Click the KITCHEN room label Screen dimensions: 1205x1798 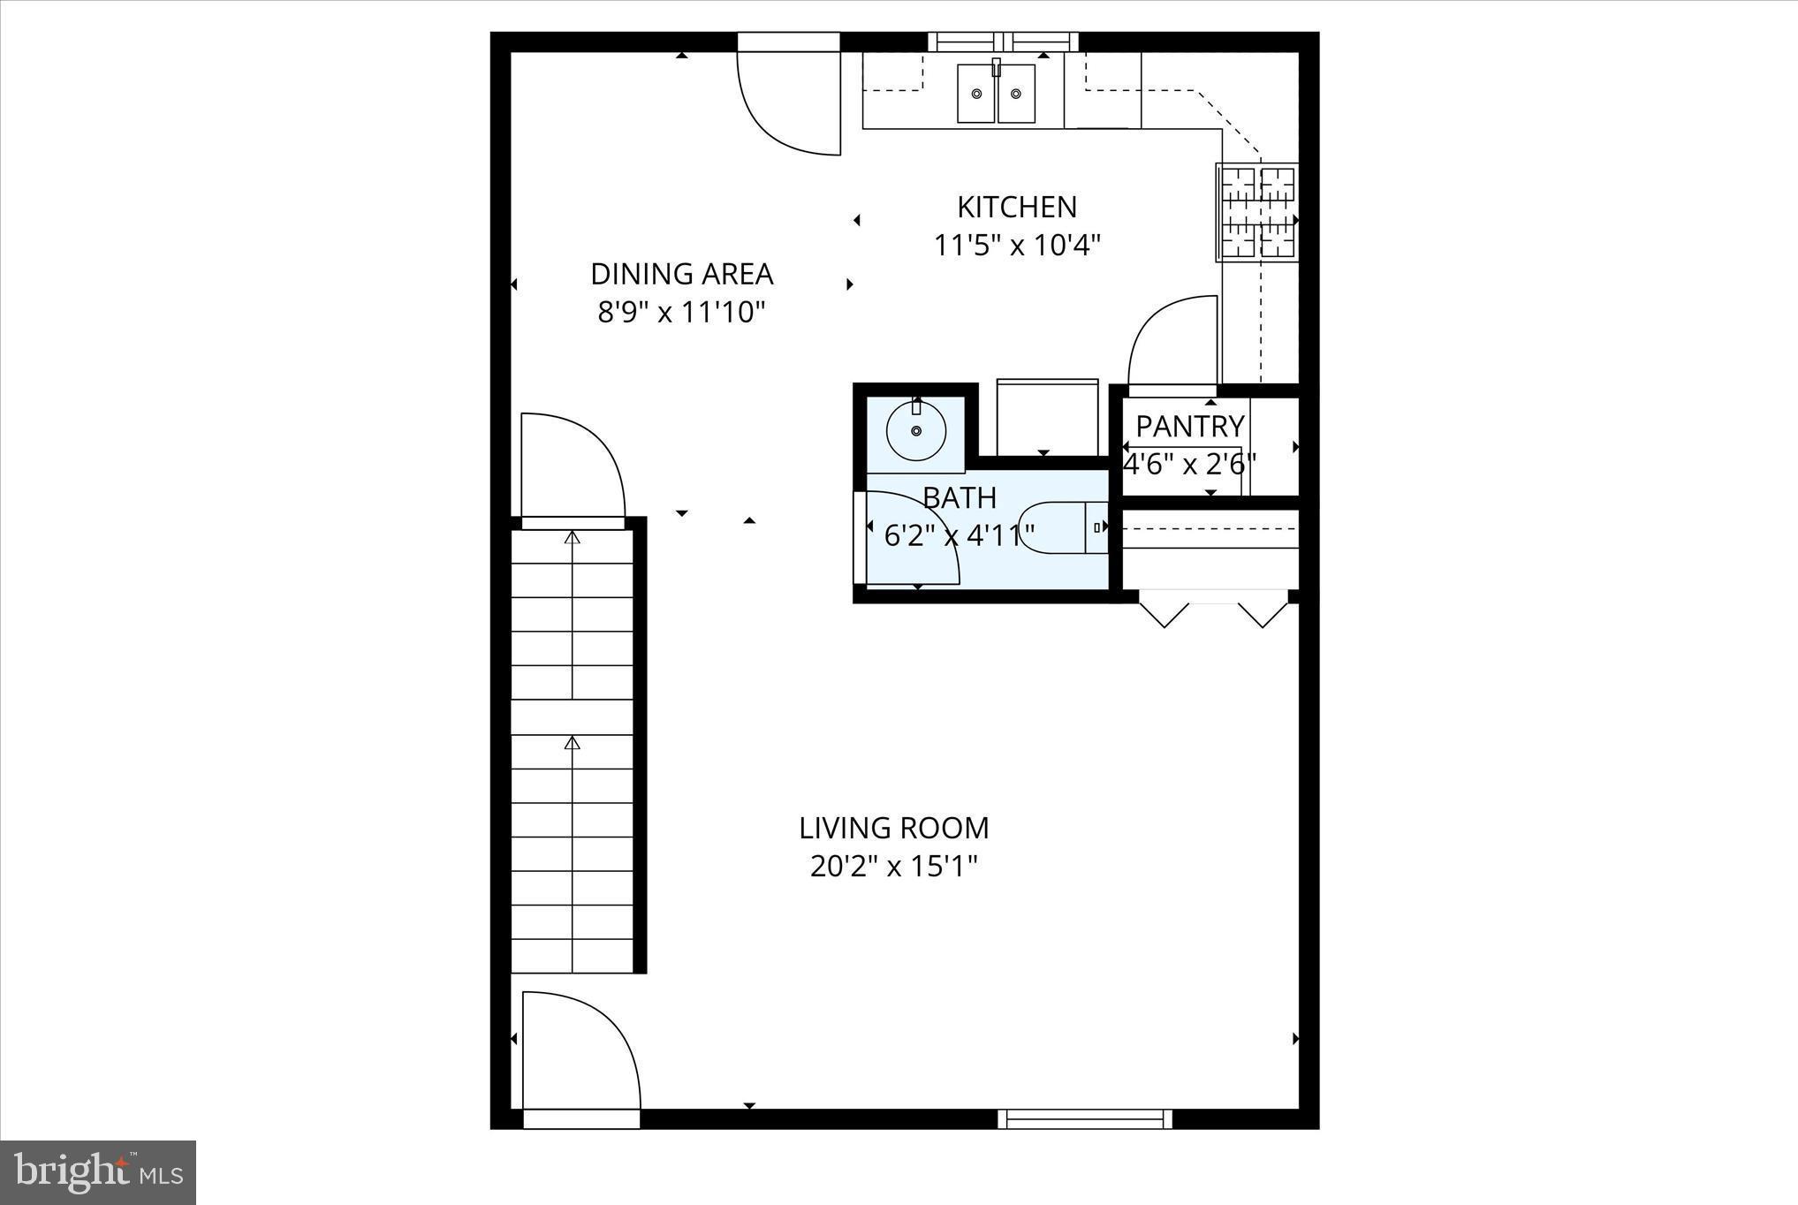(x=1017, y=208)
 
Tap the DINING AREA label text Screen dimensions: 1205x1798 (x=681, y=275)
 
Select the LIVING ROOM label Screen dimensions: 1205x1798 (x=893, y=829)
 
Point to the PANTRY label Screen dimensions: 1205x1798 (x=1189, y=427)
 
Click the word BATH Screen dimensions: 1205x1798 (x=960, y=498)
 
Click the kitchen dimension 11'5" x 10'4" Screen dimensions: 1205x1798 (x=1017, y=245)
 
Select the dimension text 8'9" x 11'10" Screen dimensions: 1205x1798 (x=681, y=313)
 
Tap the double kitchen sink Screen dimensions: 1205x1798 (x=996, y=93)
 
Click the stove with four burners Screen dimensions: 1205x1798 (x=1258, y=213)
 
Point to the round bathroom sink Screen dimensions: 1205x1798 (x=916, y=430)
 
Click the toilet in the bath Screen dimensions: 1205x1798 (x=1063, y=527)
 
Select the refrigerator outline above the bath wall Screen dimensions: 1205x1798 (x=1047, y=418)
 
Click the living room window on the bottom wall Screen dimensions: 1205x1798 (x=1085, y=1119)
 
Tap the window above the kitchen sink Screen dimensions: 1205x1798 (x=1003, y=42)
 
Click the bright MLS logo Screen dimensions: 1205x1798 (x=98, y=1172)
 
